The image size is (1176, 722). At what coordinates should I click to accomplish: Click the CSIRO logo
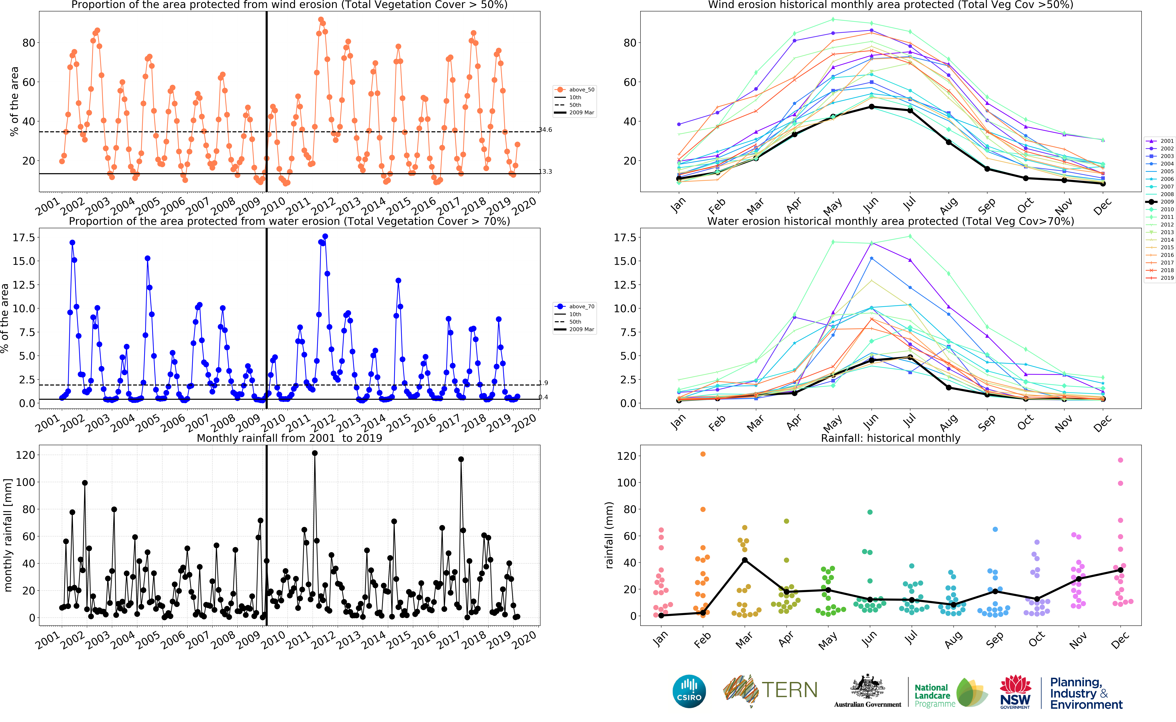(x=689, y=691)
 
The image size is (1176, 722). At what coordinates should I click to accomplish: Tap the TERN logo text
(x=790, y=690)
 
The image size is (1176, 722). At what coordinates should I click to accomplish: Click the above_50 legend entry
(x=575, y=89)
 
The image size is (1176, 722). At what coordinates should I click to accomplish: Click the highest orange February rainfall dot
(x=703, y=454)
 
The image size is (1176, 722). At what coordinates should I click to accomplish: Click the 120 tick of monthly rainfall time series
(x=25, y=455)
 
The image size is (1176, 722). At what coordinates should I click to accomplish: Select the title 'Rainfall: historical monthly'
(x=890, y=438)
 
